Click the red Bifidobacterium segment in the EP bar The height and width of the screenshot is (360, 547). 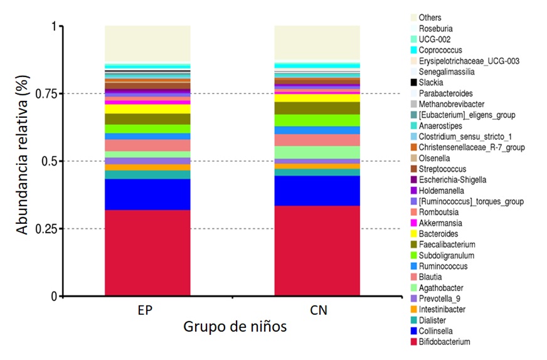point(147,252)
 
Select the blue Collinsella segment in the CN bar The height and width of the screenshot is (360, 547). point(317,191)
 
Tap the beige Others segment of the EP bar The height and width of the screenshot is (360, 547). point(147,43)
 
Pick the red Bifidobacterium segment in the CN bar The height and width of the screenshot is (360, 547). point(317,251)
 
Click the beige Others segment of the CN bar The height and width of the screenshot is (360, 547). point(317,43)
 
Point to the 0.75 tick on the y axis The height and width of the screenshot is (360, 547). point(60,94)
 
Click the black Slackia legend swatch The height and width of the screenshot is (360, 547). point(414,83)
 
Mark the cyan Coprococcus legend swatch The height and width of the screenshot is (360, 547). point(414,50)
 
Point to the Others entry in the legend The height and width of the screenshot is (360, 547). point(430,18)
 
